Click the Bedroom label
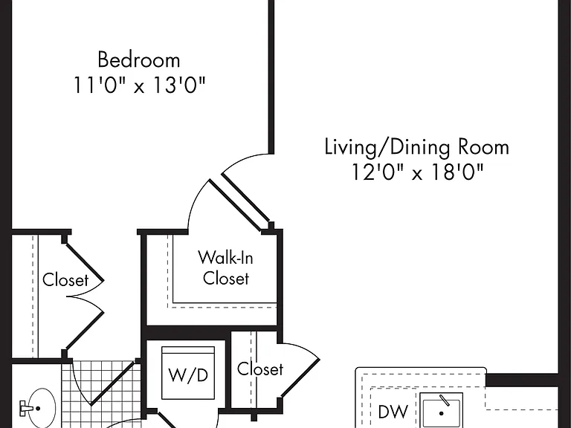139,59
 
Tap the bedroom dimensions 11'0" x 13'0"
140,85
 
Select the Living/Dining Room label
416,147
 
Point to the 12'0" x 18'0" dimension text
417,172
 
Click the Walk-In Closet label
226,267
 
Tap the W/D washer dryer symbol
188,373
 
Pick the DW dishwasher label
393,411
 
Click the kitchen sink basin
442,410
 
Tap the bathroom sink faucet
26,408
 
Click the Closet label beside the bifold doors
65,280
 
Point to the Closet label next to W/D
260,369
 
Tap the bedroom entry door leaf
246,198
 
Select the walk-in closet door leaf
236,205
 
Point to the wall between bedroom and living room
271,77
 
